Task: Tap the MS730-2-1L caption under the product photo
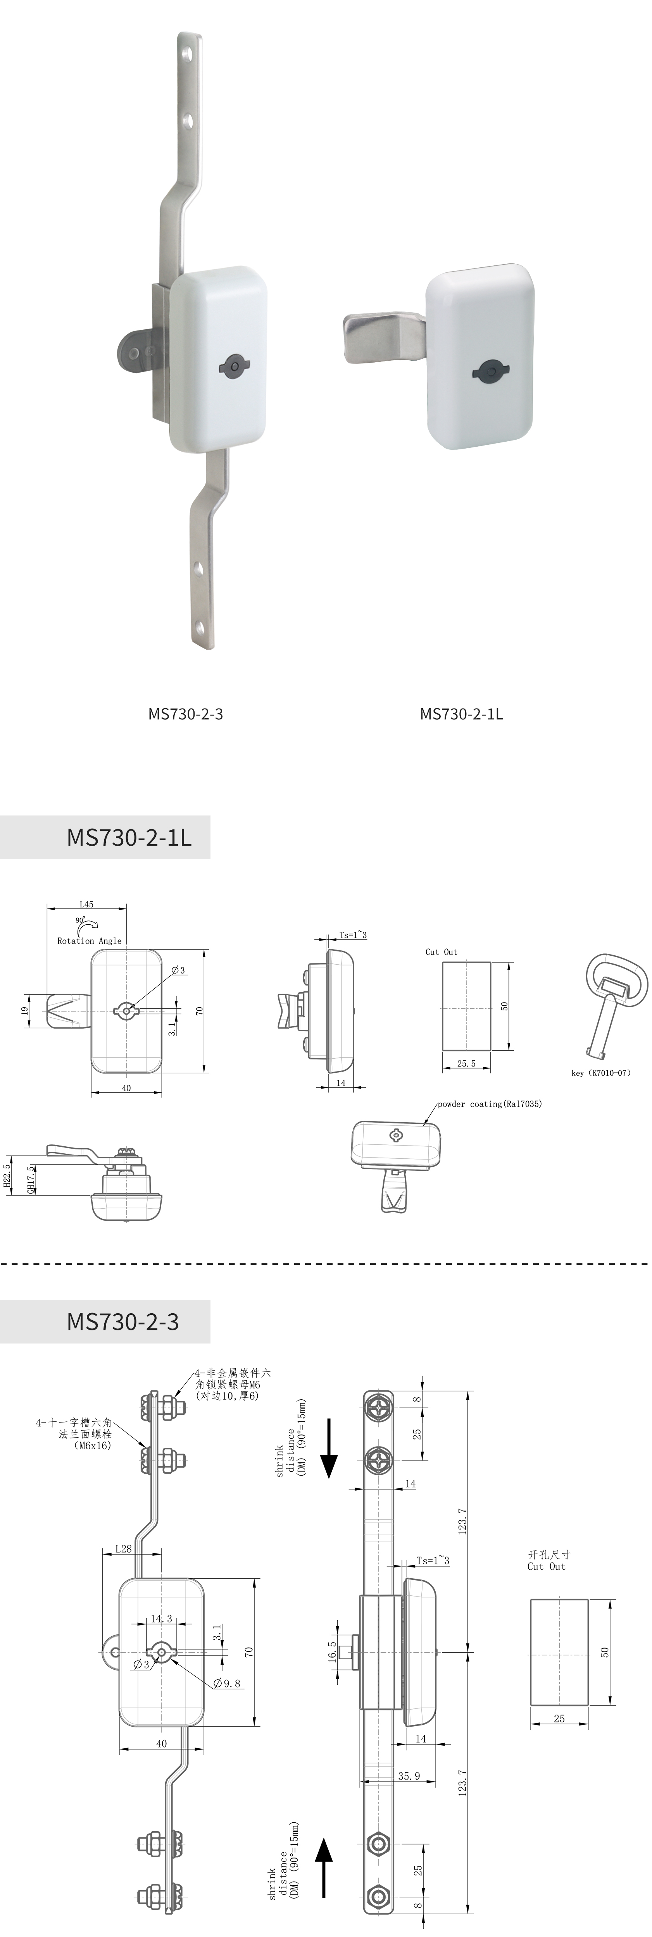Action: point(461,714)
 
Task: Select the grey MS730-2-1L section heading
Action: point(105,837)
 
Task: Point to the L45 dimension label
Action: point(86,905)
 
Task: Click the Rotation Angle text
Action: point(90,941)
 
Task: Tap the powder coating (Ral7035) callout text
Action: point(490,1104)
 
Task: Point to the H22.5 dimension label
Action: point(7,1178)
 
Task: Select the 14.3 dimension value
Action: point(161,1618)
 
